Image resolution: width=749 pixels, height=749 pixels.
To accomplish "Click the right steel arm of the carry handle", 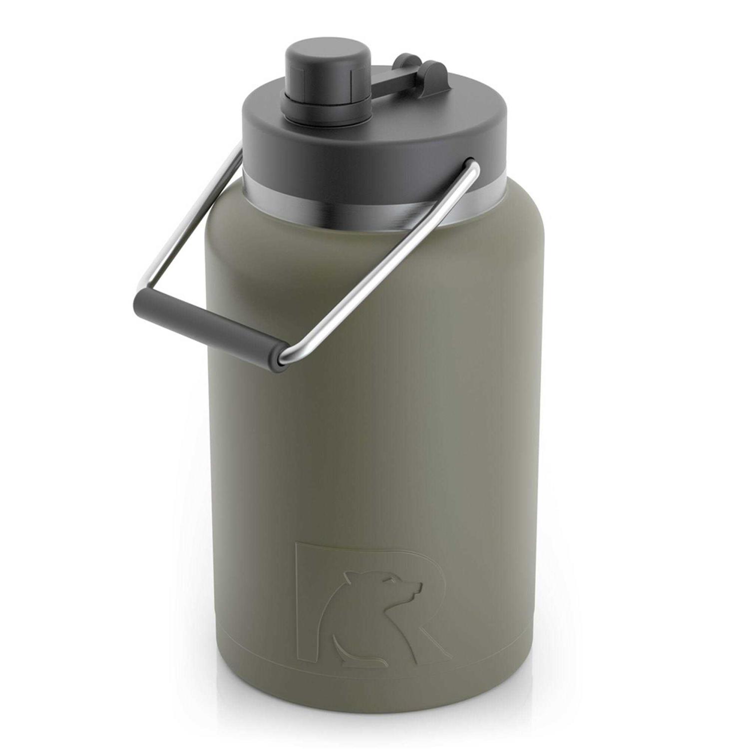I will point(389,265).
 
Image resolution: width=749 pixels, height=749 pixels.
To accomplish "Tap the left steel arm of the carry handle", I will point(190,220).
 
